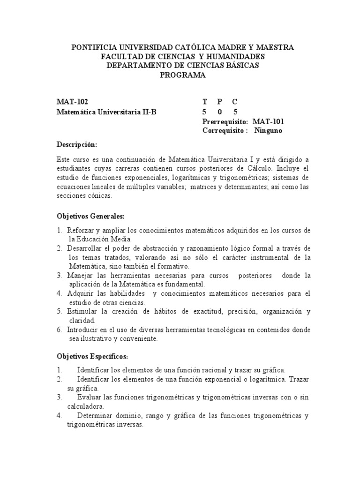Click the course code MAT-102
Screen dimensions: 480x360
(72, 102)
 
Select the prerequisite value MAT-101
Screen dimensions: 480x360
(268, 121)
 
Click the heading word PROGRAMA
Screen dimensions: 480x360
(183, 75)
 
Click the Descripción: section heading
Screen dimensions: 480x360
(76, 144)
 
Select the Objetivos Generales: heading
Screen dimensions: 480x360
(90, 216)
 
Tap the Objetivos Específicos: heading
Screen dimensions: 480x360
(92, 356)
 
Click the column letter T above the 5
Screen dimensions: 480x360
(204, 102)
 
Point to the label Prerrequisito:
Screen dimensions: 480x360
(225, 121)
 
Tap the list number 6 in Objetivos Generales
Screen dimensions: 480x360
(60, 330)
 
